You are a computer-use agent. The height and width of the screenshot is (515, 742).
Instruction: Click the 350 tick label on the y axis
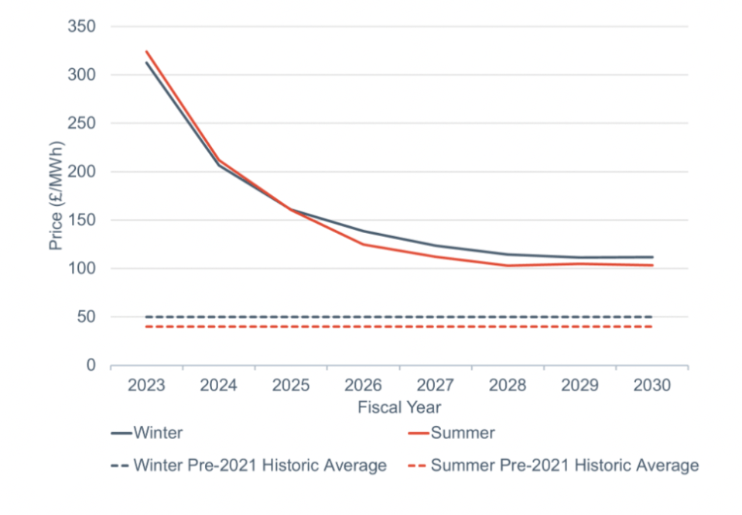point(81,26)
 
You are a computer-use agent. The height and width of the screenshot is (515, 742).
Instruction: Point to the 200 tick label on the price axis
point(81,171)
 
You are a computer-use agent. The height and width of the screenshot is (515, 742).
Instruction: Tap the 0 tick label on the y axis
point(91,366)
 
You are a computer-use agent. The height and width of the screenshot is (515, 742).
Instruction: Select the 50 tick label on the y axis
point(86,317)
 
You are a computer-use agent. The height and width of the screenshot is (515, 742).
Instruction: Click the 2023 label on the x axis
point(146,385)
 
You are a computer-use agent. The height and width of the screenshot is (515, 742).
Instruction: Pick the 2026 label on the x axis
point(363,385)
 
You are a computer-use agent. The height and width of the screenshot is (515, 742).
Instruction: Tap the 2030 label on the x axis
point(652,385)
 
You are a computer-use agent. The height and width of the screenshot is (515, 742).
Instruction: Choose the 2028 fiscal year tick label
point(508,385)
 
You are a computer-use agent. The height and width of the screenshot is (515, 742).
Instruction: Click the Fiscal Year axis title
point(399,407)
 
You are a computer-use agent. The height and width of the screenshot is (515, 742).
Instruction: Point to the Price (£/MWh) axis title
point(56,196)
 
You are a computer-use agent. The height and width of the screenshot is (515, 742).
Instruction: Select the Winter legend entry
point(147,433)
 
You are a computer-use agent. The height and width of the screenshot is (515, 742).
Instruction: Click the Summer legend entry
point(451,433)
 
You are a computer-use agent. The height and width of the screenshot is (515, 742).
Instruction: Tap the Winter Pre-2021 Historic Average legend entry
point(249,465)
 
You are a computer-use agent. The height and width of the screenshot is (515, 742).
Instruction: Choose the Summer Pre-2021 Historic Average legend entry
point(553,465)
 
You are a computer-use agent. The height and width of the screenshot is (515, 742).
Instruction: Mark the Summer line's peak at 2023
point(147,51)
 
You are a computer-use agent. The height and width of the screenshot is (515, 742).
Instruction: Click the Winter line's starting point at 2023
point(147,63)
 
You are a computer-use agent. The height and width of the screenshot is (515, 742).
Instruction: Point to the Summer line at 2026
point(364,245)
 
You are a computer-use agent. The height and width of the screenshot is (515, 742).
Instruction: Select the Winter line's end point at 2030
point(652,257)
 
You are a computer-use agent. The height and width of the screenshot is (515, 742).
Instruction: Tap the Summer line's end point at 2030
point(652,266)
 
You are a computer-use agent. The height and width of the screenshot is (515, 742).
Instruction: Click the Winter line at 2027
point(436,245)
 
